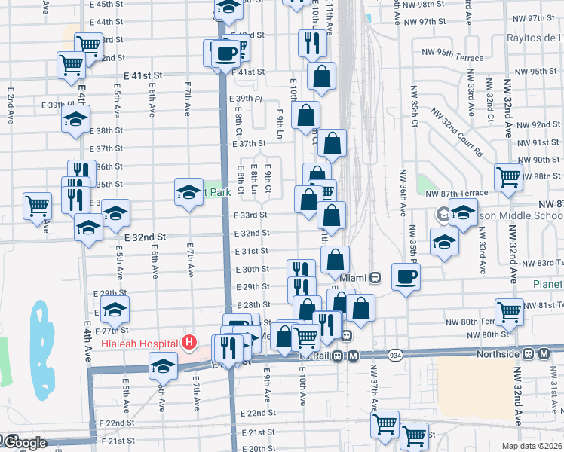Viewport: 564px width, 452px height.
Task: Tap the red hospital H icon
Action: click(189, 344)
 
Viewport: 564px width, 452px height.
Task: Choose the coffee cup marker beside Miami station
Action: click(406, 276)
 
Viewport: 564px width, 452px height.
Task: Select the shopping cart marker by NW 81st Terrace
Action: click(509, 310)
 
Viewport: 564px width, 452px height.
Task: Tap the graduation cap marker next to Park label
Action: click(189, 191)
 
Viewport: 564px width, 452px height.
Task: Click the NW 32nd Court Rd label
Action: click(456, 130)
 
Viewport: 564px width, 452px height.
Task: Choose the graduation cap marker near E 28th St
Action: click(115, 308)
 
